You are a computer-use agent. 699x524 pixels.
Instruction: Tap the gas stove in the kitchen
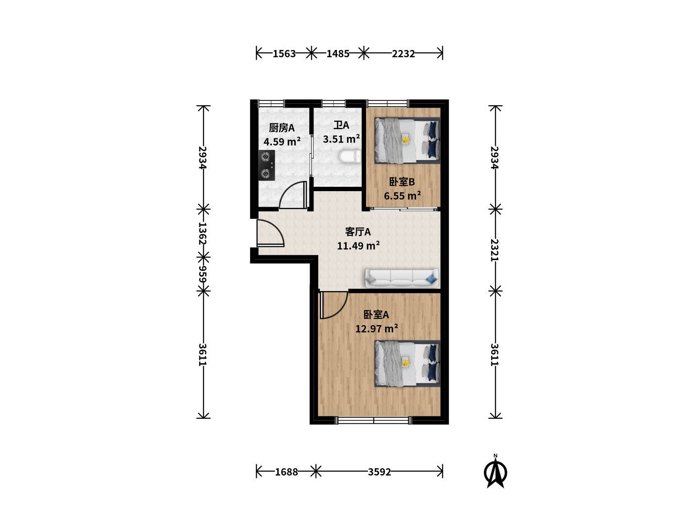click(266, 165)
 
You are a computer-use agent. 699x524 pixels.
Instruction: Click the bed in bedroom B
click(407, 141)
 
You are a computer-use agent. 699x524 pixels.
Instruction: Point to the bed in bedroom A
click(407, 363)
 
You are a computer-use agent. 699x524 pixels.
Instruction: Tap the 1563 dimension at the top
click(284, 54)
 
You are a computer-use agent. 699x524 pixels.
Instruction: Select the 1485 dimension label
click(338, 54)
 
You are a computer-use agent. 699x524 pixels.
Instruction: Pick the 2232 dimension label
click(403, 54)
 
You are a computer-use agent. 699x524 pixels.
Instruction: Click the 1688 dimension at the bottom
click(286, 472)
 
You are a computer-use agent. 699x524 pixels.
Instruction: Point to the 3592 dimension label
click(379, 472)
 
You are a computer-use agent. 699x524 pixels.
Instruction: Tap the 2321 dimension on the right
click(495, 250)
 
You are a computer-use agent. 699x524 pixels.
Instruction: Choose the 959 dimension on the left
click(203, 274)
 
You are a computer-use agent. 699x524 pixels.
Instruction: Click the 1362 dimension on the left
click(203, 233)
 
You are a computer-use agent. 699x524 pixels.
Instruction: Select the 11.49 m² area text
click(358, 246)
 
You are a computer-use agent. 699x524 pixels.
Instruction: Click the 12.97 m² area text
click(376, 328)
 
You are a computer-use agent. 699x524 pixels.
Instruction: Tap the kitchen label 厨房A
click(282, 128)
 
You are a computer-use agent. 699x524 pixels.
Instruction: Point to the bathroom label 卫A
click(341, 125)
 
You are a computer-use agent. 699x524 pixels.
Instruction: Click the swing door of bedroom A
click(333, 305)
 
